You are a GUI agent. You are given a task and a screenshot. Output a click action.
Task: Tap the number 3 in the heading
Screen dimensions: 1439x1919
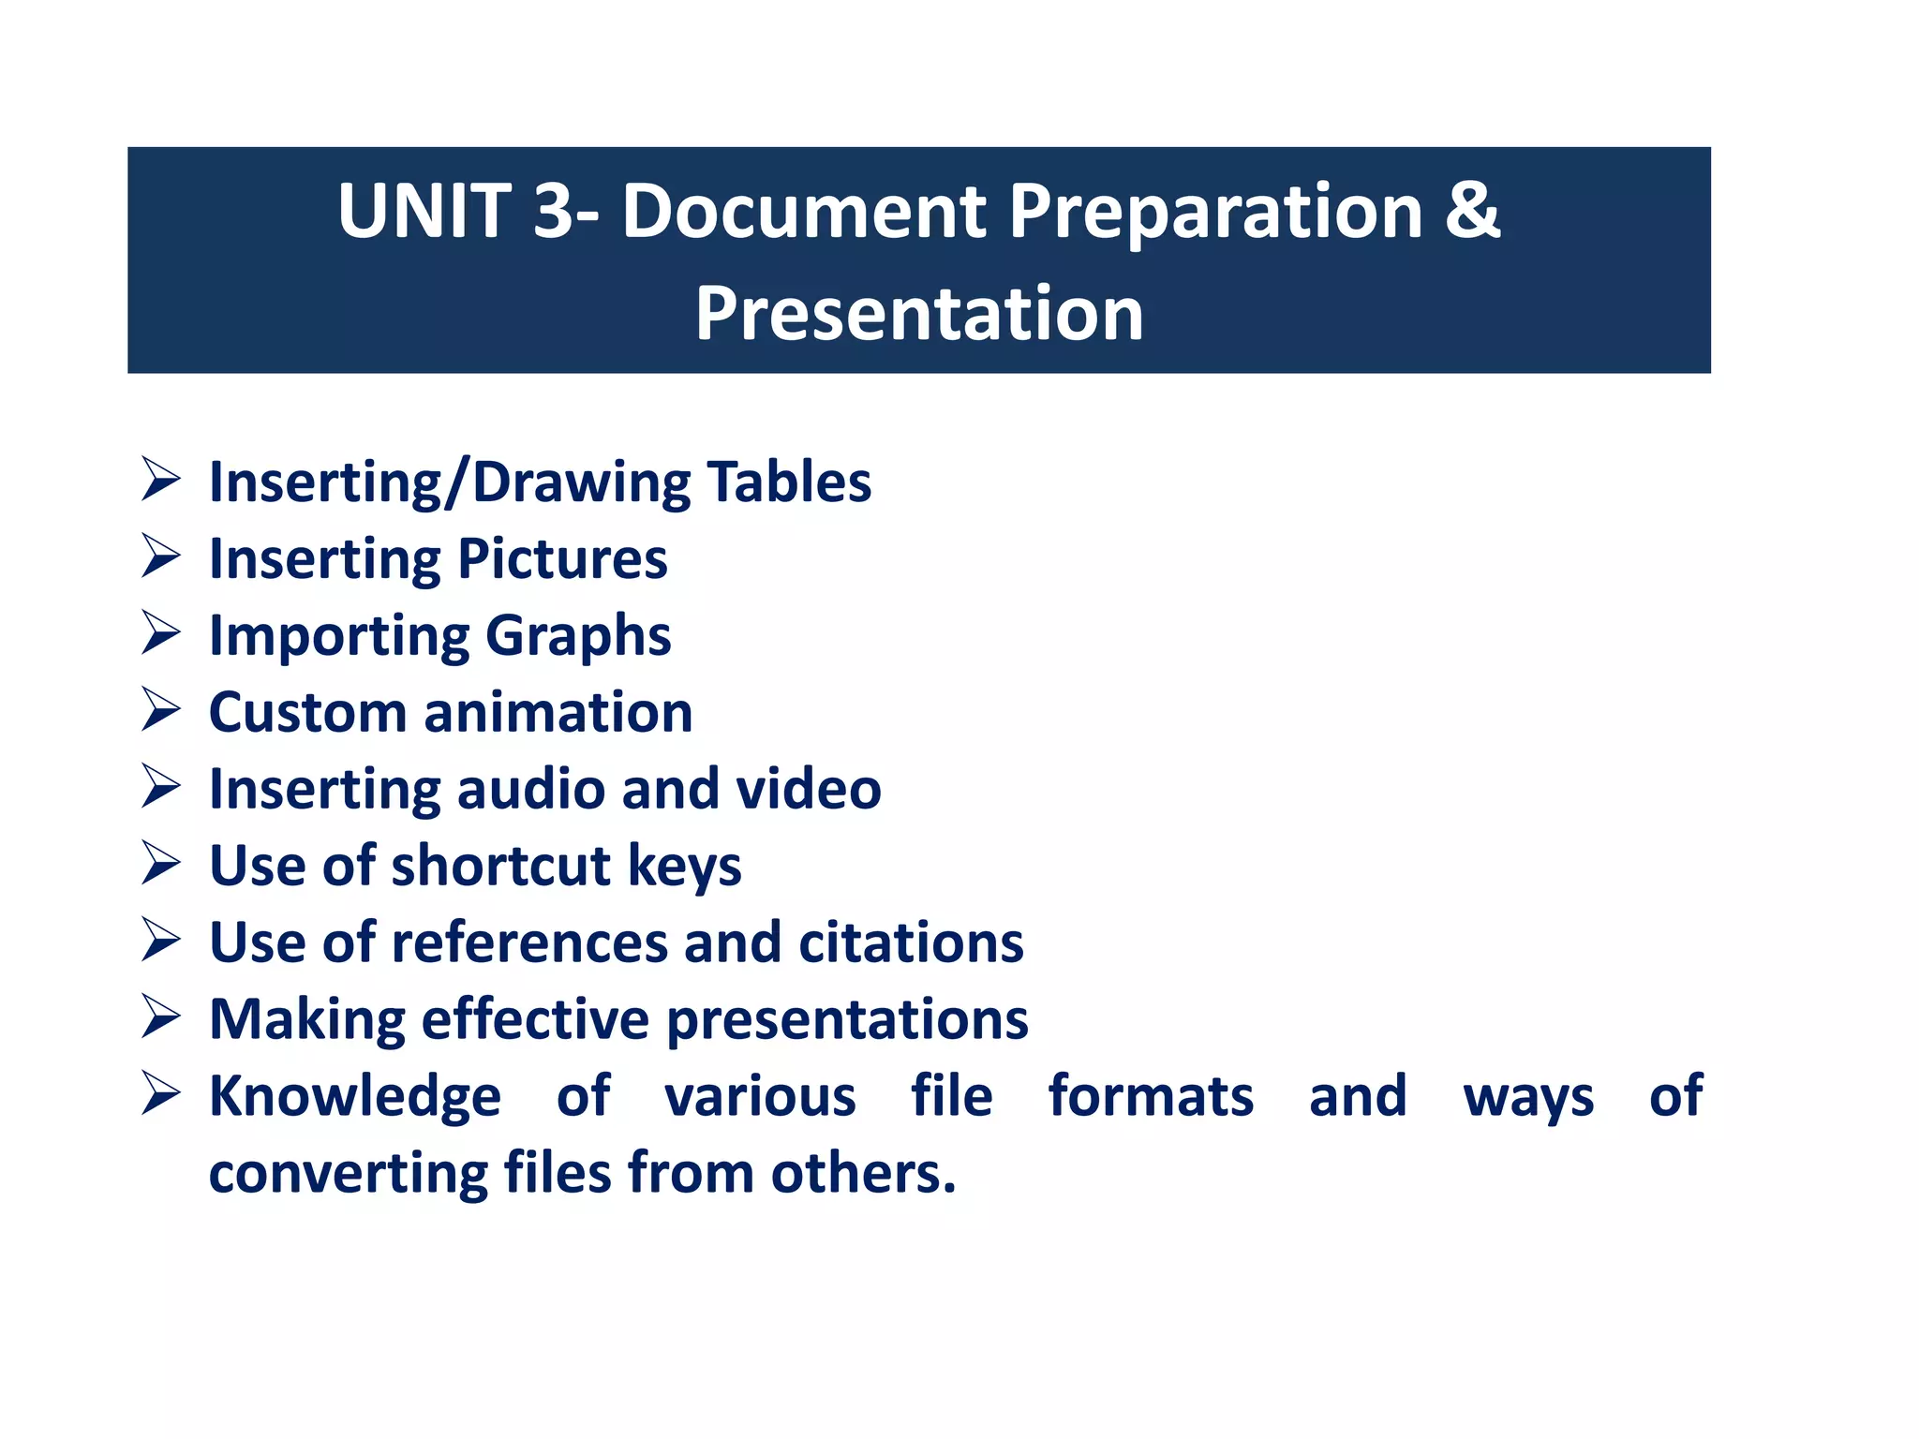coord(553,212)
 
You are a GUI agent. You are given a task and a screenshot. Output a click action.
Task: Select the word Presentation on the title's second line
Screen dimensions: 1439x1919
coord(919,313)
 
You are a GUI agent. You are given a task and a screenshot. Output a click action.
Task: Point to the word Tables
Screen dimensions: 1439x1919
coord(789,482)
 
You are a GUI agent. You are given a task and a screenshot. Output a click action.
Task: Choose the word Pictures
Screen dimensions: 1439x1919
coord(562,560)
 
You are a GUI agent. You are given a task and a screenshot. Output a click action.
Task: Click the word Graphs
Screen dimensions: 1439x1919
coord(578,637)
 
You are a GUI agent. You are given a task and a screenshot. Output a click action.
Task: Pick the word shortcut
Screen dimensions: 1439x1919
coord(500,866)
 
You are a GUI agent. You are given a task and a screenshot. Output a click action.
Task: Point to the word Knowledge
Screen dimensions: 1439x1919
coord(355,1097)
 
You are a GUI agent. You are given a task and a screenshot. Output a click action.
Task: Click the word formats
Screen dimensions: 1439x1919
coord(1151,1096)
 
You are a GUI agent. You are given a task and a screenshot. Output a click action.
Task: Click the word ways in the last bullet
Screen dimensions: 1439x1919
coord(1528,1098)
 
